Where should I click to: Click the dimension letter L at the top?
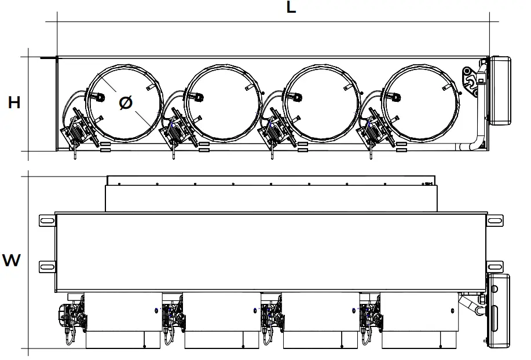tap(291, 8)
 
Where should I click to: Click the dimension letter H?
tap(14, 103)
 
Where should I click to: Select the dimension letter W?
tap(12, 260)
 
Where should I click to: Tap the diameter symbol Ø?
tap(126, 103)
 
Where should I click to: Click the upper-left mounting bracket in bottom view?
tap(47, 221)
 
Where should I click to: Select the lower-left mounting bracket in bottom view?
tap(47, 266)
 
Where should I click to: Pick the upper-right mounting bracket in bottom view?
tap(496, 221)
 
